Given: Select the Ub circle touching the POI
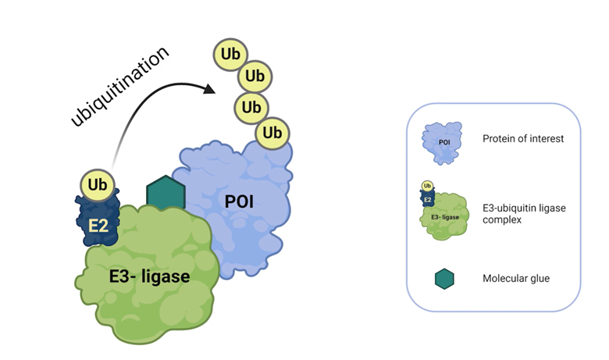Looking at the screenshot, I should pos(272,133).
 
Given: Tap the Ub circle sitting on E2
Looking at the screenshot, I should pos(98,185).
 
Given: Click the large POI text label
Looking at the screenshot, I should pos(240,201).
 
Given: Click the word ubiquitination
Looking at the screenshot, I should pos(119,87).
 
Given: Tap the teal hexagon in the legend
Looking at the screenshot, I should pos(444,278).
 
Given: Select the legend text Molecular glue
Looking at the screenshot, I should pos(515,278).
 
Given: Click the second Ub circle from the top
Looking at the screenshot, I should pos(251,77).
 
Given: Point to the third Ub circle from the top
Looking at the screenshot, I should pos(251,106).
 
